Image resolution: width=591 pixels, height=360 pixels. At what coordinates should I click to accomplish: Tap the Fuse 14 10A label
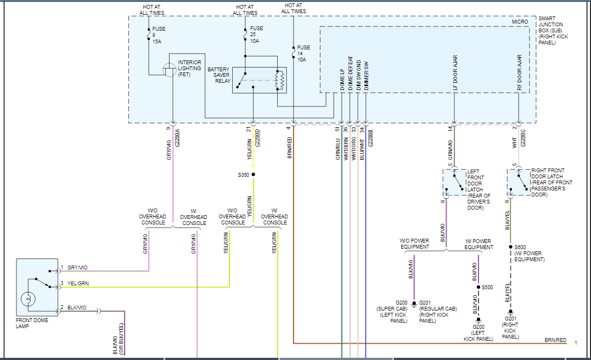click(302, 53)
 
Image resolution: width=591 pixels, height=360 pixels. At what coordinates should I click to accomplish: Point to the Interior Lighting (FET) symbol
click(170, 70)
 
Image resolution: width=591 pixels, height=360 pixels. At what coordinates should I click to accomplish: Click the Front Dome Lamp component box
click(37, 287)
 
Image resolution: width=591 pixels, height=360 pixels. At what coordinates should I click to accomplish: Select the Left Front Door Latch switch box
click(454, 183)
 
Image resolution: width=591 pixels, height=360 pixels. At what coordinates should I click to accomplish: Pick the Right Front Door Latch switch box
click(518, 183)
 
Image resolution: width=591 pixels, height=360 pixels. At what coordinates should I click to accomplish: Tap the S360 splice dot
click(253, 175)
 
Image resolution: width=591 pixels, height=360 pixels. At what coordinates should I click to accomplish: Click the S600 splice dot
click(510, 247)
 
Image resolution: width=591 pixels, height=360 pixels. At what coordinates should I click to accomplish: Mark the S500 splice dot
click(478, 287)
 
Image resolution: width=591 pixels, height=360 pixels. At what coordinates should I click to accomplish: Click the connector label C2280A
click(177, 137)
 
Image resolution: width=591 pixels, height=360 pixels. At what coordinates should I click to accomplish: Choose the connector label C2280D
click(258, 137)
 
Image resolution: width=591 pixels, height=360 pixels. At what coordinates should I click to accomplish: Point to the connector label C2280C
click(523, 137)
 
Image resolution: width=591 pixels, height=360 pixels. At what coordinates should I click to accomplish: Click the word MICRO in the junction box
click(520, 21)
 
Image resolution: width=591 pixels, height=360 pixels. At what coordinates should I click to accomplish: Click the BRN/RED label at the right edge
click(555, 340)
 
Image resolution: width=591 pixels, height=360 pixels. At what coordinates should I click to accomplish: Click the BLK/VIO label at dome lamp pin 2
click(77, 308)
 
